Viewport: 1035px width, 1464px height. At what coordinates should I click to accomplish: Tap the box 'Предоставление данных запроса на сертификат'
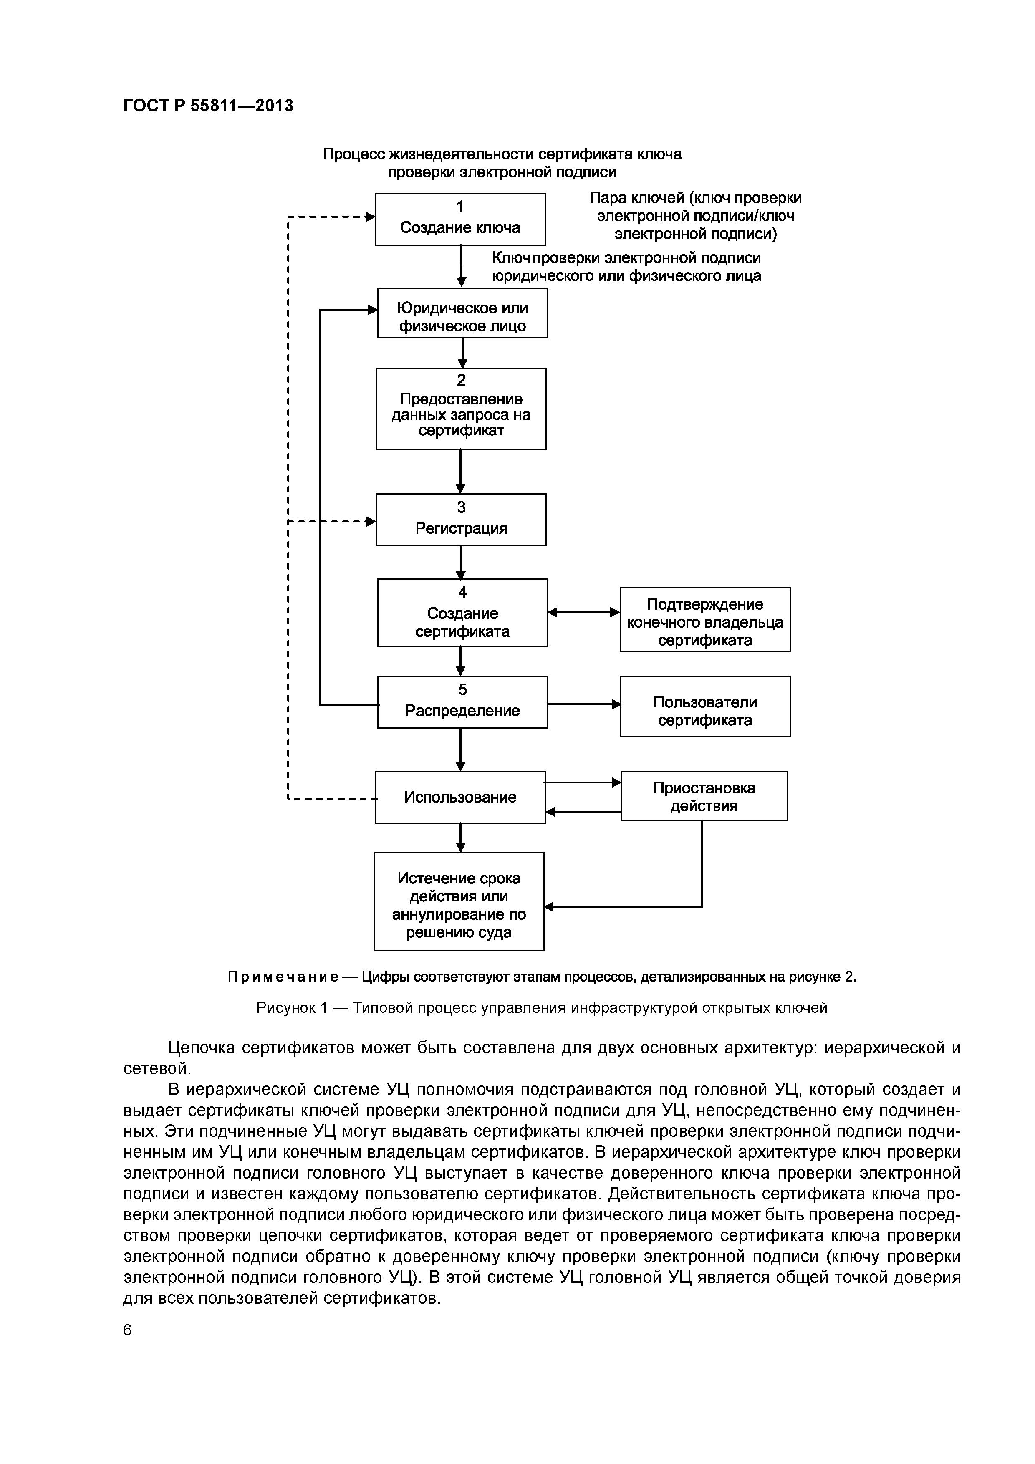pyautogui.click(x=461, y=409)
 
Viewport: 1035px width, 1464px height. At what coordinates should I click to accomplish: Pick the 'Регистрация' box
pyautogui.click(x=461, y=520)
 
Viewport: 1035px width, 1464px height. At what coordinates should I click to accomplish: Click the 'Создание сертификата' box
pyautogui.click(x=462, y=613)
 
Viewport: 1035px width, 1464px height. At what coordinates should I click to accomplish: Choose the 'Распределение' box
pyautogui.click(x=462, y=702)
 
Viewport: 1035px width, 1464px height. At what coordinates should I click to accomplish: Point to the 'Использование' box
pyautogui.click(x=460, y=797)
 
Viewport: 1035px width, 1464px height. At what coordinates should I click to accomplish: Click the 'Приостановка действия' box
pyautogui.click(x=704, y=796)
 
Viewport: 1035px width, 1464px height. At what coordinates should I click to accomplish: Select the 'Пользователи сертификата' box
pyautogui.click(x=704, y=707)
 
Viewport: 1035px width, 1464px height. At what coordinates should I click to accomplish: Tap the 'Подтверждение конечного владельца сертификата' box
pyautogui.click(x=704, y=620)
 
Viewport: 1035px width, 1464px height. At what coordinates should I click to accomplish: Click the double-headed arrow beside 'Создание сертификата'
pyautogui.click(x=583, y=613)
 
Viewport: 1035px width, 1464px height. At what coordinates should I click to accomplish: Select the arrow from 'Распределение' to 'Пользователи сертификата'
pyautogui.click(x=583, y=704)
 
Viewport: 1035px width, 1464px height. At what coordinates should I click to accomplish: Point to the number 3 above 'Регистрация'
pyautogui.click(x=461, y=507)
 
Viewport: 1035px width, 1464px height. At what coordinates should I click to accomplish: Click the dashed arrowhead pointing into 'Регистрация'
pyautogui.click(x=371, y=522)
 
